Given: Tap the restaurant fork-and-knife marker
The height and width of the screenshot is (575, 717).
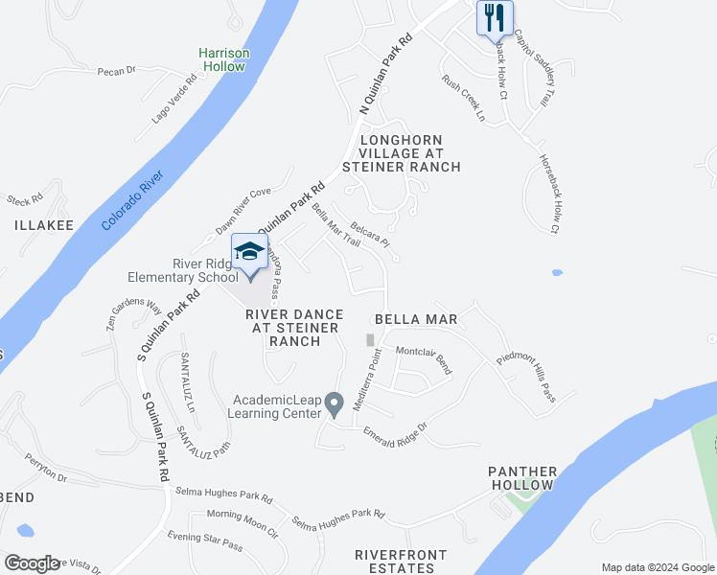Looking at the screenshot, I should [x=495, y=17].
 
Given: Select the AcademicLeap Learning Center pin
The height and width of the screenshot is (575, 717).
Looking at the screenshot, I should [x=334, y=403].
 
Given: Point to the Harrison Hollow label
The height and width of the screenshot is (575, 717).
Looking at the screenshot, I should [x=222, y=59].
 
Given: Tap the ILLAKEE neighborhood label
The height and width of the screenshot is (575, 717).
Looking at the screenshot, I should [x=44, y=225].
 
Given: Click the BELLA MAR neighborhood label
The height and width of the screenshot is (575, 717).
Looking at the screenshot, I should [x=414, y=318].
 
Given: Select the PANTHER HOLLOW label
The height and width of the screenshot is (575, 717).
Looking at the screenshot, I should [x=522, y=478].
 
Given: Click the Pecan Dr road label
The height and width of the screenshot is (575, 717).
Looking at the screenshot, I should [x=118, y=70].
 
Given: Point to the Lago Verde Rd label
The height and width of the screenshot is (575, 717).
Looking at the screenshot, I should [x=173, y=101].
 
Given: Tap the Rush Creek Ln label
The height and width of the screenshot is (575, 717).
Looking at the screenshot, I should [x=464, y=99].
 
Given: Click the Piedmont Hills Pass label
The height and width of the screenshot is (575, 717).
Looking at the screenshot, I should [x=539, y=374].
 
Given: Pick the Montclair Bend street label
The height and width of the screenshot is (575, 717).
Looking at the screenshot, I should [x=424, y=359].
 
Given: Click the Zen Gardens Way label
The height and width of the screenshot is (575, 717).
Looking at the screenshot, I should [x=133, y=315].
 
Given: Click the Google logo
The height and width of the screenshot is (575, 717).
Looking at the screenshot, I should [x=31, y=563].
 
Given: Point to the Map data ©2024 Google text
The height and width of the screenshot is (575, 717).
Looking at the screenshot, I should [x=657, y=567].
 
